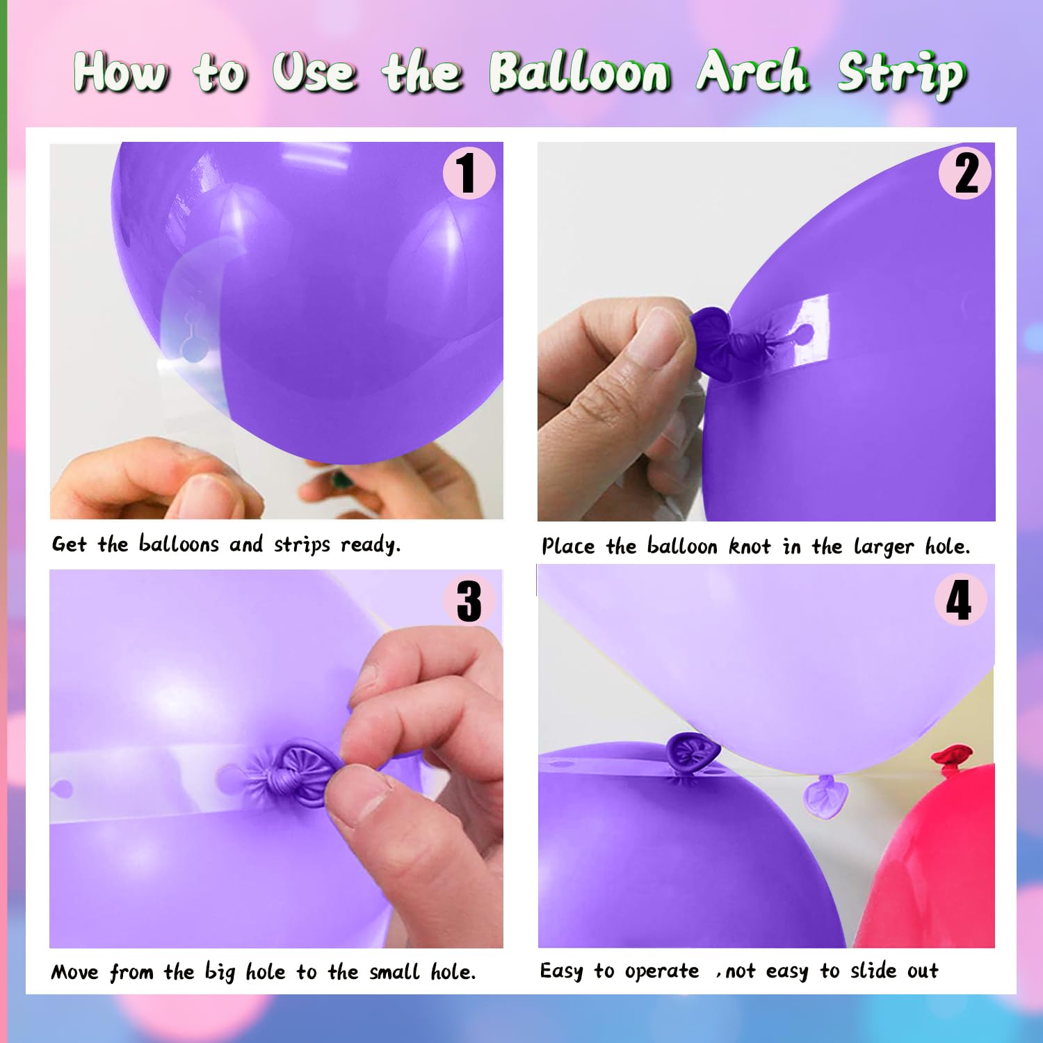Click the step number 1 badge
point(469,173)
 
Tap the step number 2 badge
point(965,173)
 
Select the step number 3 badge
point(469,601)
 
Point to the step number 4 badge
point(960,599)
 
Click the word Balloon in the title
point(580,72)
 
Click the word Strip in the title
point(902,75)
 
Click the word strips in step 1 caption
point(302,544)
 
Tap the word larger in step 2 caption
point(884,547)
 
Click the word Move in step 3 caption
point(75,971)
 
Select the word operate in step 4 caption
point(662,971)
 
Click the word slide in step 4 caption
point(873,970)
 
